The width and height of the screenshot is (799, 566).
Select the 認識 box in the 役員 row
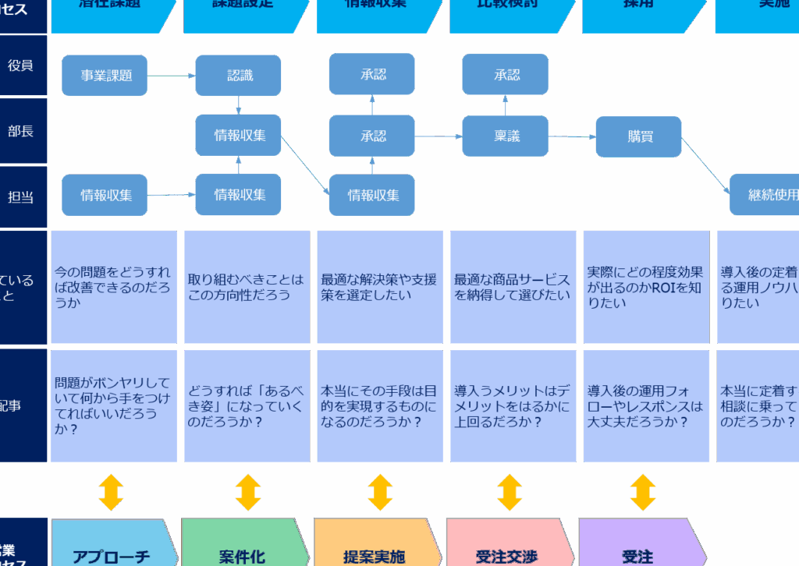(238, 76)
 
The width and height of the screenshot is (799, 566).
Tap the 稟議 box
(505, 136)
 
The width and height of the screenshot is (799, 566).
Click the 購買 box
(638, 136)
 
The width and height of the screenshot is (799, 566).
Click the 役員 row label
(21, 66)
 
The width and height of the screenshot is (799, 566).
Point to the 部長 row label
(21, 131)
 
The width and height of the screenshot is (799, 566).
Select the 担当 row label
(21, 197)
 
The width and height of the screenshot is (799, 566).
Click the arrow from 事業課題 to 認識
(171, 76)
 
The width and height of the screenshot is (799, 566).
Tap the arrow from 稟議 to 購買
(571, 136)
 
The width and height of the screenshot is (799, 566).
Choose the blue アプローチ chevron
(112, 549)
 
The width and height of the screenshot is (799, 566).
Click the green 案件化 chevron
(242, 549)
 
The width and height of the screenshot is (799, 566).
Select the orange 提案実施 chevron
(375, 549)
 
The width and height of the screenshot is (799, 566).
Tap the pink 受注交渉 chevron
(507, 549)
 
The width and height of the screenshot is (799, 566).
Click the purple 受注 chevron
(638, 549)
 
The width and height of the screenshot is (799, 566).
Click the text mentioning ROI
(645, 287)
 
